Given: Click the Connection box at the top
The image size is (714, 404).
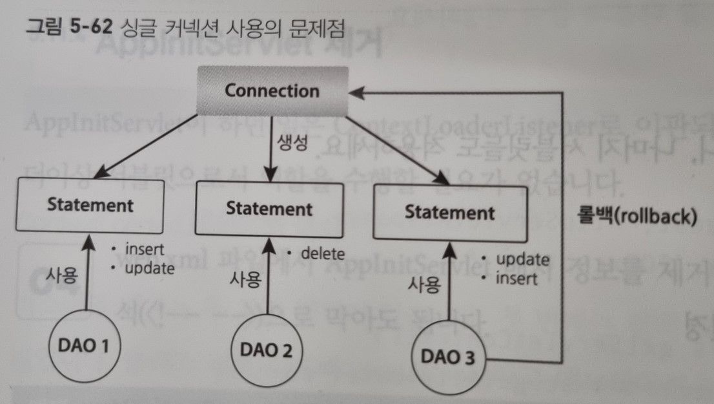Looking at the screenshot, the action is click(x=271, y=90).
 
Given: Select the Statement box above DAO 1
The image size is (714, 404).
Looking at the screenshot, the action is click(x=90, y=206).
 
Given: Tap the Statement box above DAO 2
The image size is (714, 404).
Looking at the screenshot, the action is click(x=269, y=209).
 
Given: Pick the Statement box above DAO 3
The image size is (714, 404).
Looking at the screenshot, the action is click(x=449, y=212).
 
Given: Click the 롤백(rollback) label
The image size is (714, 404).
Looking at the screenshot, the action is click(x=636, y=217).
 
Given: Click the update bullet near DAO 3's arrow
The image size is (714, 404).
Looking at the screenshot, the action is click(x=522, y=259).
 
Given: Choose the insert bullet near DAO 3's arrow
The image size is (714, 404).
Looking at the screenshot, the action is click(x=516, y=278).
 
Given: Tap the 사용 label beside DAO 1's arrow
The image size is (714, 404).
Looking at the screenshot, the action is click(x=61, y=275).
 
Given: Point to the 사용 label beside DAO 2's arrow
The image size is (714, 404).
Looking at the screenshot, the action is click(x=245, y=279).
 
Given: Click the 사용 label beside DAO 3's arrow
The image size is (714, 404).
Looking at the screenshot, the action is click(x=425, y=283).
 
